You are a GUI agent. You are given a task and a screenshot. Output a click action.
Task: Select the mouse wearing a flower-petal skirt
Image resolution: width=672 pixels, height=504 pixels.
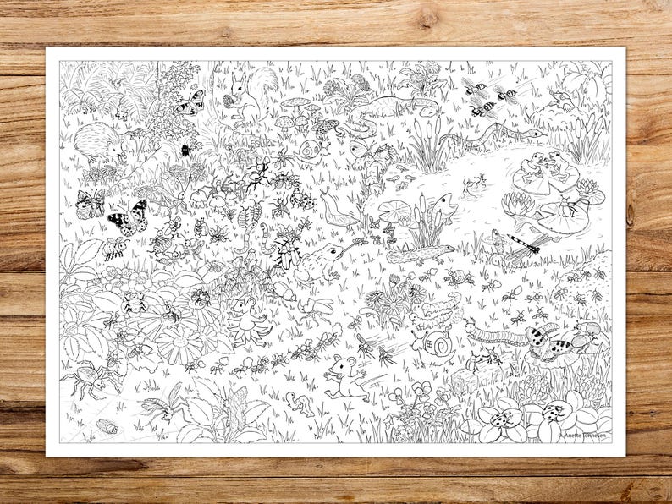(x=246, y=317)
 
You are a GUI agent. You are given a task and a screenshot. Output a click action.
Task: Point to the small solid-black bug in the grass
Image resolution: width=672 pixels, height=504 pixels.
(x=185, y=150)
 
